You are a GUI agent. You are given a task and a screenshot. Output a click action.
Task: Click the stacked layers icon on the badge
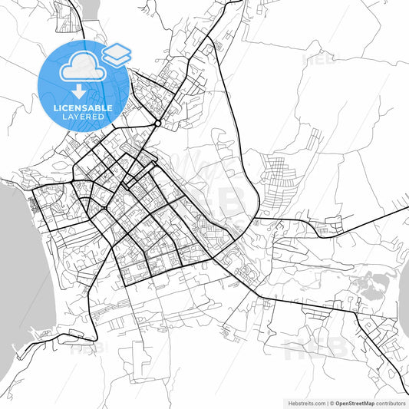point(117,54)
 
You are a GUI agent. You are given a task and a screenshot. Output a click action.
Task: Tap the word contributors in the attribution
point(391,403)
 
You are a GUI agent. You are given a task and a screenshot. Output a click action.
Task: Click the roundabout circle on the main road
point(157,122)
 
